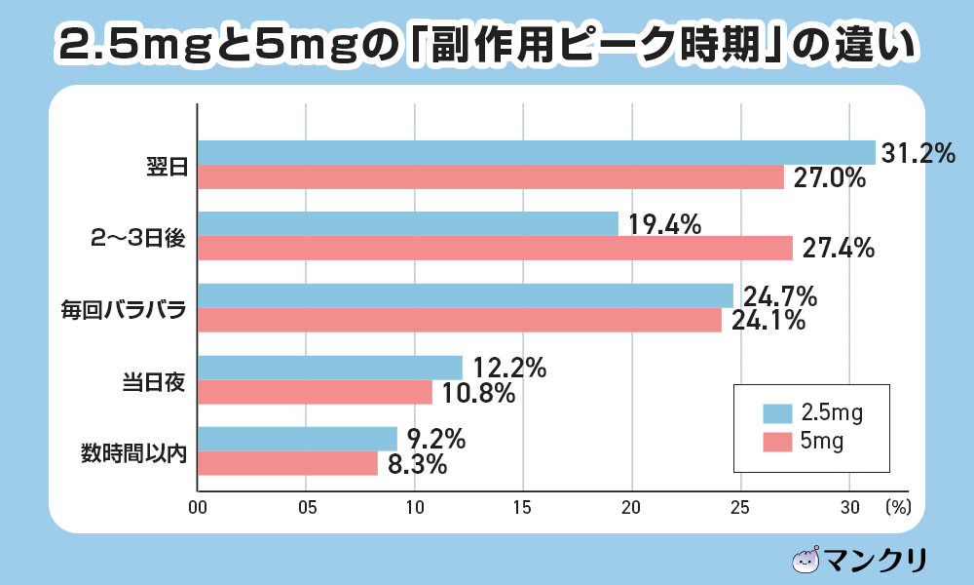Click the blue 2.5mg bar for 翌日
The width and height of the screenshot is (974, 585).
tap(536, 152)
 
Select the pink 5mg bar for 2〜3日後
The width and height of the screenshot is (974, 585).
tap(495, 249)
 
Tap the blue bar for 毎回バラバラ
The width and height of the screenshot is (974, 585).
tap(465, 295)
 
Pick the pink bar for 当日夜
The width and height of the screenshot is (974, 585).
tap(315, 392)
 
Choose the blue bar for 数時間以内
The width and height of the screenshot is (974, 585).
tap(297, 439)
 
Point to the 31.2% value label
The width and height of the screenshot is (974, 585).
tap(918, 153)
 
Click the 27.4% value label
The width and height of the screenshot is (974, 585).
tap(838, 249)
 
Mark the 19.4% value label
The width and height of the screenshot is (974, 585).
tap(664, 225)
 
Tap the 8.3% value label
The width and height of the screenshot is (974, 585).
tap(417, 465)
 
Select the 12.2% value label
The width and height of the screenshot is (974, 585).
tap(508, 369)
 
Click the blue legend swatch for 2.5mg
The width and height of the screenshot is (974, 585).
tap(777, 414)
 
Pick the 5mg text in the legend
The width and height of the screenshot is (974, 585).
tap(821, 442)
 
